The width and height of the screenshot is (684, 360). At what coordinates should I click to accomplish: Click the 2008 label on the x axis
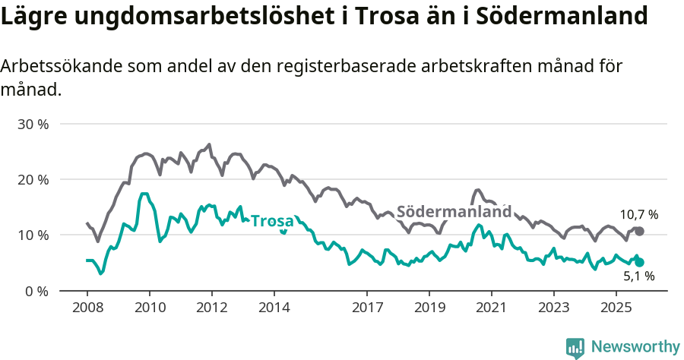coord(87,308)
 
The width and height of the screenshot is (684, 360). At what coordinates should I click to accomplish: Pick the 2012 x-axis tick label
coord(211,308)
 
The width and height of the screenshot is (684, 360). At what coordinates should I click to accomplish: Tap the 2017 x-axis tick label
coord(367,308)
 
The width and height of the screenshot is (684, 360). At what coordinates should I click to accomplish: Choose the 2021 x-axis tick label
coord(491,308)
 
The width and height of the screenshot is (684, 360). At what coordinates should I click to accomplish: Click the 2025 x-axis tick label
coord(616,308)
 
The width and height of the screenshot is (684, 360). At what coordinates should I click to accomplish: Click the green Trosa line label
coord(272,221)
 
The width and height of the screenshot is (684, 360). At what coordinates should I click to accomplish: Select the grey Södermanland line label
coord(454,212)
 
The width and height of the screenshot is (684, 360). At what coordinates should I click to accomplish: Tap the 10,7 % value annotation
coord(639,215)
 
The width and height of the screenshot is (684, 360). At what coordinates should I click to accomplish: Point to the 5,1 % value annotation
coord(639,277)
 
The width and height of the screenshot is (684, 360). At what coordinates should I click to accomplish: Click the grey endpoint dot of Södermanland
coord(639,231)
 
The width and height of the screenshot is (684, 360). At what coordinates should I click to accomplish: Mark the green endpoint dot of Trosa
coord(639,262)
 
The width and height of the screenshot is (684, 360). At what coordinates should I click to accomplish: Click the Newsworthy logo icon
coord(575,347)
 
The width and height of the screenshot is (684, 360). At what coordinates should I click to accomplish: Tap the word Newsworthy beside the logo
coord(635,347)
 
